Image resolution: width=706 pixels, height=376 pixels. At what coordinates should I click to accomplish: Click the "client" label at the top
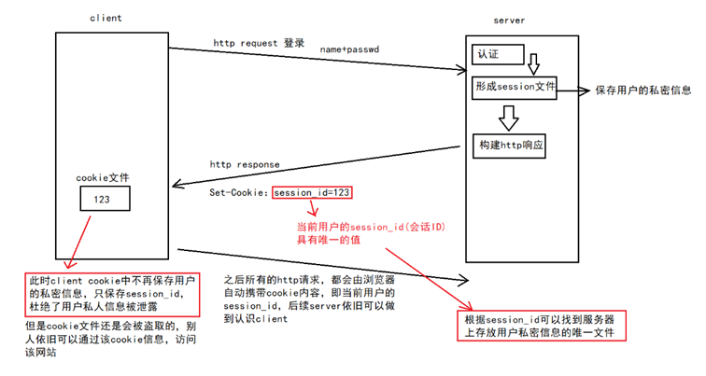click(106, 17)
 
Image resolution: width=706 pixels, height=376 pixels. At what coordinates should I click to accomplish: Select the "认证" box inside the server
click(487, 55)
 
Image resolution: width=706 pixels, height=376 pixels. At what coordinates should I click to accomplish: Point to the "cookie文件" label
click(103, 177)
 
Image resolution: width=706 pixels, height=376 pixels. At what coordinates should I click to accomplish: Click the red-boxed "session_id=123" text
click(312, 193)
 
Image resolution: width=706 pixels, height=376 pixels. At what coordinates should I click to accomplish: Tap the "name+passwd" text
click(347, 49)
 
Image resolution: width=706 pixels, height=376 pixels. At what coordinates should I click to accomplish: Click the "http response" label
click(245, 164)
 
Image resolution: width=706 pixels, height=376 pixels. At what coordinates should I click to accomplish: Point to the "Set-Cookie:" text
click(239, 193)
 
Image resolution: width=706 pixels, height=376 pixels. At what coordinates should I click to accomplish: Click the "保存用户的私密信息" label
click(643, 91)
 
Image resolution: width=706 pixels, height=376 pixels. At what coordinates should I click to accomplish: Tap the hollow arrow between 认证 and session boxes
click(533, 64)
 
